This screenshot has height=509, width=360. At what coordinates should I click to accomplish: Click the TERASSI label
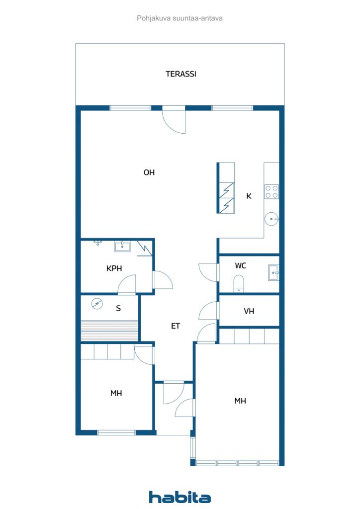point(181,74)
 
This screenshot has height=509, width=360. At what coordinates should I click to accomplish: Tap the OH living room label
point(149,172)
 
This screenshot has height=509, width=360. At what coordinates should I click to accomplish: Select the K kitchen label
point(249,196)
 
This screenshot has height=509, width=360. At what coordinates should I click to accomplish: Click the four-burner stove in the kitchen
point(271,191)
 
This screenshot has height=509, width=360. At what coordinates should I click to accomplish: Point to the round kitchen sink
point(271,219)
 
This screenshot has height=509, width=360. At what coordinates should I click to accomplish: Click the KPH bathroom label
point(114,268)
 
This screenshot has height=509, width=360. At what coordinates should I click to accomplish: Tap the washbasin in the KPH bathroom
point(122,247)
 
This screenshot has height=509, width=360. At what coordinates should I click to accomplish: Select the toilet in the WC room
point(239,283)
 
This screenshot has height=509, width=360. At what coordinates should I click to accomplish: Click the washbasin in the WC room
point(273,272)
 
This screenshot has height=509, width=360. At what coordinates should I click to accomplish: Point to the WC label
point(241,265)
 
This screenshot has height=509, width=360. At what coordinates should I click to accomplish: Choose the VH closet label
point(249,311)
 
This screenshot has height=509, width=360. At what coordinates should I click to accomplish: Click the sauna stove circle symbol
point(97,304)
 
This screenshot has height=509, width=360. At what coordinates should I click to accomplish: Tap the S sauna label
point(118,308)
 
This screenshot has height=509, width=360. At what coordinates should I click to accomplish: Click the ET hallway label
point(176,326)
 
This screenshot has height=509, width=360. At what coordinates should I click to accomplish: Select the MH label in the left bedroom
point(116,393)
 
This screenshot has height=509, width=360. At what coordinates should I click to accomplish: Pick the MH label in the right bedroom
point(240,401)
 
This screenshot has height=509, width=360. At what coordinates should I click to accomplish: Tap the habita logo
point(180,497)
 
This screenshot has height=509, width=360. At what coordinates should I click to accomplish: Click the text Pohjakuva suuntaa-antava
point(180,18)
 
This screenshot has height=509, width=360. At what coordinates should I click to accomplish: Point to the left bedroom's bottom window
point(116,433)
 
